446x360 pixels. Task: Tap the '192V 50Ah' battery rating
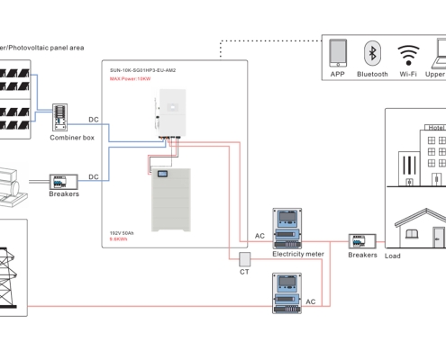(123, 232)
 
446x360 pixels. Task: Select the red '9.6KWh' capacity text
(117, 240)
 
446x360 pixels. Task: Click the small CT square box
(244, 257)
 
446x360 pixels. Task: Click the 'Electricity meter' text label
(297, 254)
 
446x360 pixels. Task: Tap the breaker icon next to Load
(362, 240)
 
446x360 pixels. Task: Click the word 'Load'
(393, 255)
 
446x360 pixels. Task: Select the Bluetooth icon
(371, 53)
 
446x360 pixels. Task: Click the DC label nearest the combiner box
(93, 119)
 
